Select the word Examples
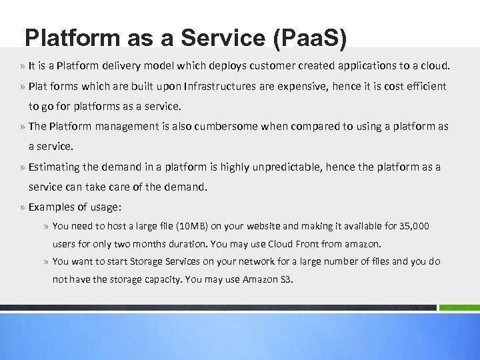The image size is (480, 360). pyautogui.click(x=49, y=207)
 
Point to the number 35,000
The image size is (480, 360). pyautogui.click(x=414, y=227)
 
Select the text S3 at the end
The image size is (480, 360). pyautogui.click(x=285, y=279)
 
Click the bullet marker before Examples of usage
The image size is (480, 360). pyautogui.click(x=23, y=207)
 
